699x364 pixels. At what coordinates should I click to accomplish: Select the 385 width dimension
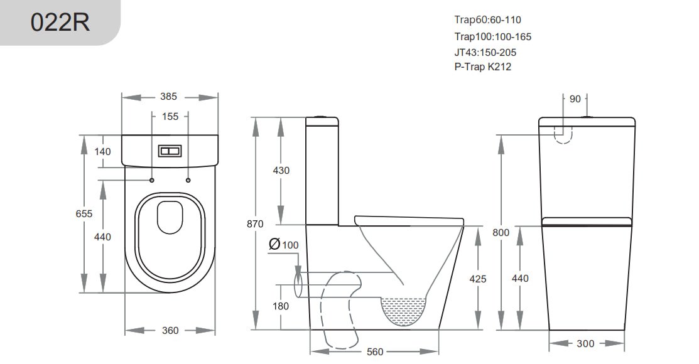click(x=168, y=97)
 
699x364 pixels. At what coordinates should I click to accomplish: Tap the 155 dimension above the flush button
click(x=170, y=116)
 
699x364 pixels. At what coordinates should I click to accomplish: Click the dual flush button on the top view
click(x=170, y=152)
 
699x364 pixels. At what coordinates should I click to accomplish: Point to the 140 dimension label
click(x=103, y=151)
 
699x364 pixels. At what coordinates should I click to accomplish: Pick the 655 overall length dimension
click(x=84, y=213)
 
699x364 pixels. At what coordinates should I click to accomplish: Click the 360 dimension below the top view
click(x=170, y=330)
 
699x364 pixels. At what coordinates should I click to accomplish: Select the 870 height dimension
click(x=255, y=223)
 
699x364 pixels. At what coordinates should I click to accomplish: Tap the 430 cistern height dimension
click(x=281, y=171)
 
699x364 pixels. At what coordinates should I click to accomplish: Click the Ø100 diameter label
click(x=283, y=244)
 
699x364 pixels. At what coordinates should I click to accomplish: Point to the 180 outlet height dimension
click(x=281, y=306)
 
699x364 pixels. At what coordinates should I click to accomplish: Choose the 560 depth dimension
click(x=374, y=352)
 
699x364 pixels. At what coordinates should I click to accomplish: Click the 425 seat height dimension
click(x=478, y=279)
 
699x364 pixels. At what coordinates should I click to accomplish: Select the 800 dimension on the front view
click(x=501, y=232)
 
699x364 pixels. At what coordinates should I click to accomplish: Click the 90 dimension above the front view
click(x=575, y=99)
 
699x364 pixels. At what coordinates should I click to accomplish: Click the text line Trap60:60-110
click(x=487, y=19)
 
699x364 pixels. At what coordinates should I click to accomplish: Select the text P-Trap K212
click(x=482, y=67)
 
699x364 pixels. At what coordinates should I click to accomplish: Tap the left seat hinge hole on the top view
click(x=153, y=181)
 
